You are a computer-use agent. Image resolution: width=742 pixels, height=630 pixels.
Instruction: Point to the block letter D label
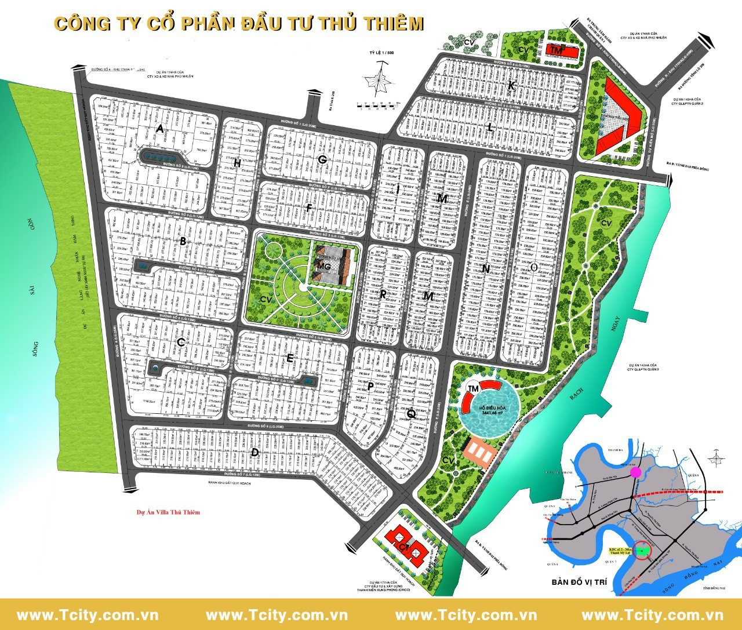[254, 452]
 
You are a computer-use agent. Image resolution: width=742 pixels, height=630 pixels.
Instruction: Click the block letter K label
[511, 86]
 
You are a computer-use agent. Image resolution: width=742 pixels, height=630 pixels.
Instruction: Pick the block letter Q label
[410, 413]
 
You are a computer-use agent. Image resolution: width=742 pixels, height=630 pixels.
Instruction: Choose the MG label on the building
[323, 265]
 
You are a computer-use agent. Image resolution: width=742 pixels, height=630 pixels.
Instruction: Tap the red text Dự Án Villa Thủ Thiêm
[168, 512]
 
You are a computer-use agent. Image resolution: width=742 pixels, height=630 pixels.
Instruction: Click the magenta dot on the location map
[636, 472]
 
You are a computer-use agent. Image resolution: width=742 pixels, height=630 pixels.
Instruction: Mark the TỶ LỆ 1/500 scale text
[381, 53]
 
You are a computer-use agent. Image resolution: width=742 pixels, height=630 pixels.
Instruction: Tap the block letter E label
[290, 358]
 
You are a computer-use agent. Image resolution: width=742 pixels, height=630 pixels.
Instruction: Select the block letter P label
[370, 386]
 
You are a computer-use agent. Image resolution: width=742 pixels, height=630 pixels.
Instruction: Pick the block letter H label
[237, 164]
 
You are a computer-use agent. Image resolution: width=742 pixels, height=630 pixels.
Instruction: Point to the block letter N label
[486, 269]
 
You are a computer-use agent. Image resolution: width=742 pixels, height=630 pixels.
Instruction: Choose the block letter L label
[490, 129]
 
